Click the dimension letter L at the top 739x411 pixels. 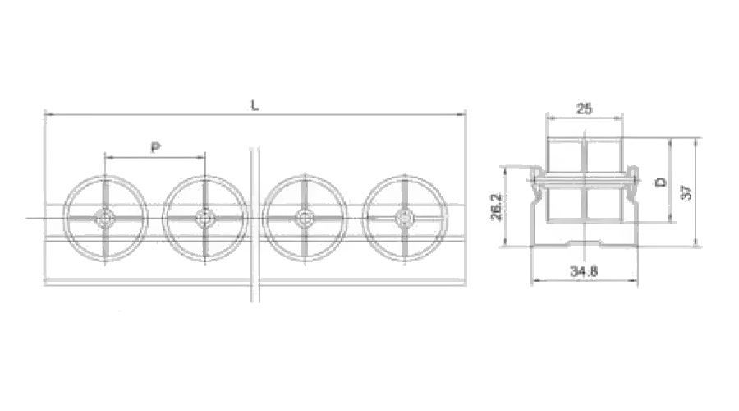[x=255, y=105]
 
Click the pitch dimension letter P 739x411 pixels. [x=155, y=147]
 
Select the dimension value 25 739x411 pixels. [x=585, y=109]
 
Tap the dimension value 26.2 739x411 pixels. [x=496, y=206]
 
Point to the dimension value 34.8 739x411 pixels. [x=584, y=271]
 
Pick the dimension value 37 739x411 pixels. [x=687, y=192]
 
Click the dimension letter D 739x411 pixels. [x=662, y=182]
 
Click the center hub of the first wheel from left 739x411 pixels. [x=104, y=218]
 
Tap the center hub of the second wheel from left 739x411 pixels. [x=205, y=218]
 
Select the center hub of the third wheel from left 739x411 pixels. [x=305, y=218]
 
